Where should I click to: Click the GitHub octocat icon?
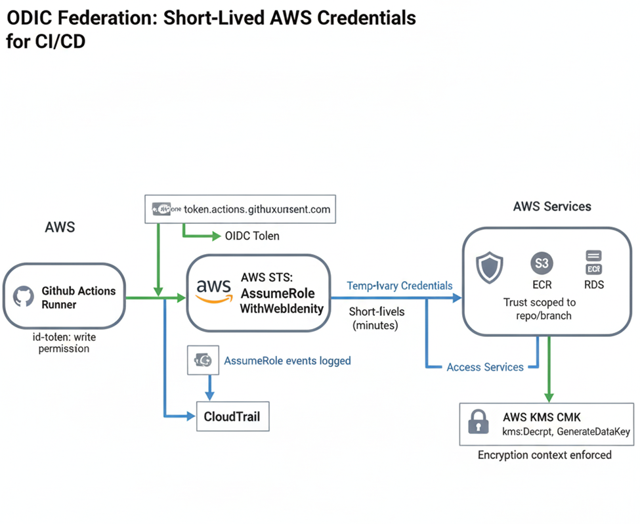click(x=24, y=297)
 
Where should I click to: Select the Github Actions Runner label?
click(x=78, y=297)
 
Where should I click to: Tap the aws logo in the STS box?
click(x=214, y=291)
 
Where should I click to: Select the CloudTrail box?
click(x=232, y=416)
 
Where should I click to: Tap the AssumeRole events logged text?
click(x=288, y=360)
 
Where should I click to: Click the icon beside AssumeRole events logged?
click(x=202, y=360)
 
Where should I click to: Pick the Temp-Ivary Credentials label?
click(x=399, y=286)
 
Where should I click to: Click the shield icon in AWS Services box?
click(x=490, y=269)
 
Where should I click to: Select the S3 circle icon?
click(x=542, y=263)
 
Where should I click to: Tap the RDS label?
click(x=593, y=285)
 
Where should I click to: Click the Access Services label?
click(x=484, y=367)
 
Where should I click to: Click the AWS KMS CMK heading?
click(x=542, y=417)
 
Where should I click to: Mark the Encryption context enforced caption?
click(x=544, y=454)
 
